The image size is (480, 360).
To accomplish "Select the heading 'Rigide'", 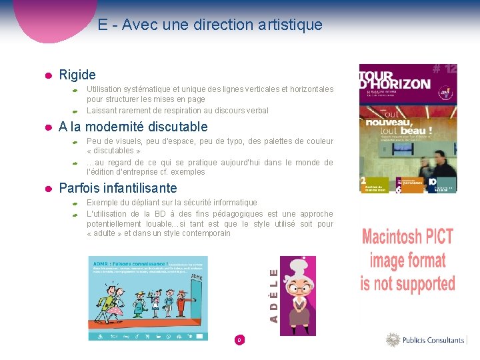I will click(x=77, y=75).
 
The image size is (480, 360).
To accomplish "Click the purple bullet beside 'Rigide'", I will click(x=48, y=75).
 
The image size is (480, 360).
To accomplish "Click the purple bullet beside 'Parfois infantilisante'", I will click(x=48, y=189).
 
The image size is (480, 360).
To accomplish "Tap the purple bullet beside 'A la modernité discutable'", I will click(x=48, y=127).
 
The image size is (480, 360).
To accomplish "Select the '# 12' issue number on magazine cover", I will click(x=444, y=69).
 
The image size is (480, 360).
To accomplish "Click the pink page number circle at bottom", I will click(x=239, y=340).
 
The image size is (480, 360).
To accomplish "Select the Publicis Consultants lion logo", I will click(x=393, y=340).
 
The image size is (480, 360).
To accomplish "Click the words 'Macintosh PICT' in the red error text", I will click(x=407, y=237).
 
